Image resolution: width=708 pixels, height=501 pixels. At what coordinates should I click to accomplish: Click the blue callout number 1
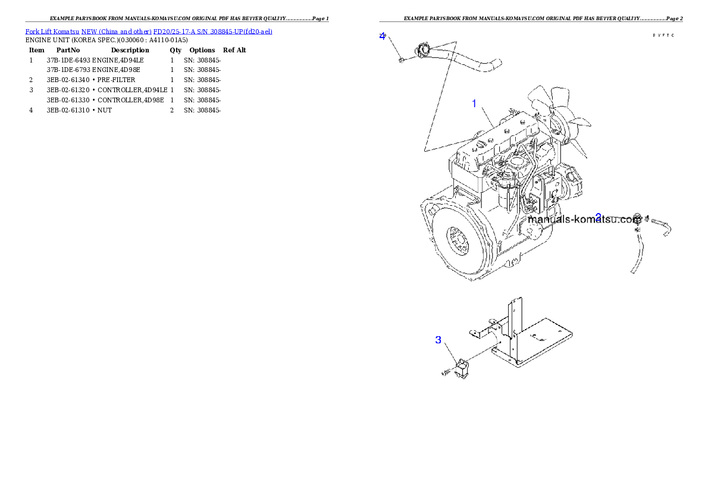[474, 104]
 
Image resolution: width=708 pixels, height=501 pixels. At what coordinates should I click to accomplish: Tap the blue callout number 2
[599, 217]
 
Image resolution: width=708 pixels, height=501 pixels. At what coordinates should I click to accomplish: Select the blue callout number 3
[438, 340]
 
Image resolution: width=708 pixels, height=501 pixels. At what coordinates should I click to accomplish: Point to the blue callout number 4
[383, 36]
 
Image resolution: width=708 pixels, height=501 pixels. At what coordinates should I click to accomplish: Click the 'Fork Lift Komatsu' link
[52, 31]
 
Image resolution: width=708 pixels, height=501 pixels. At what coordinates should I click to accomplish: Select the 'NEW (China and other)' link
[117, 31]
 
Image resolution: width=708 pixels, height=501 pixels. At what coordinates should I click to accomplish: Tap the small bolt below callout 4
[402, 58]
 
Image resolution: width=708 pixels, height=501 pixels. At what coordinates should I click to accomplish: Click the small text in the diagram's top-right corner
[663, 36]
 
